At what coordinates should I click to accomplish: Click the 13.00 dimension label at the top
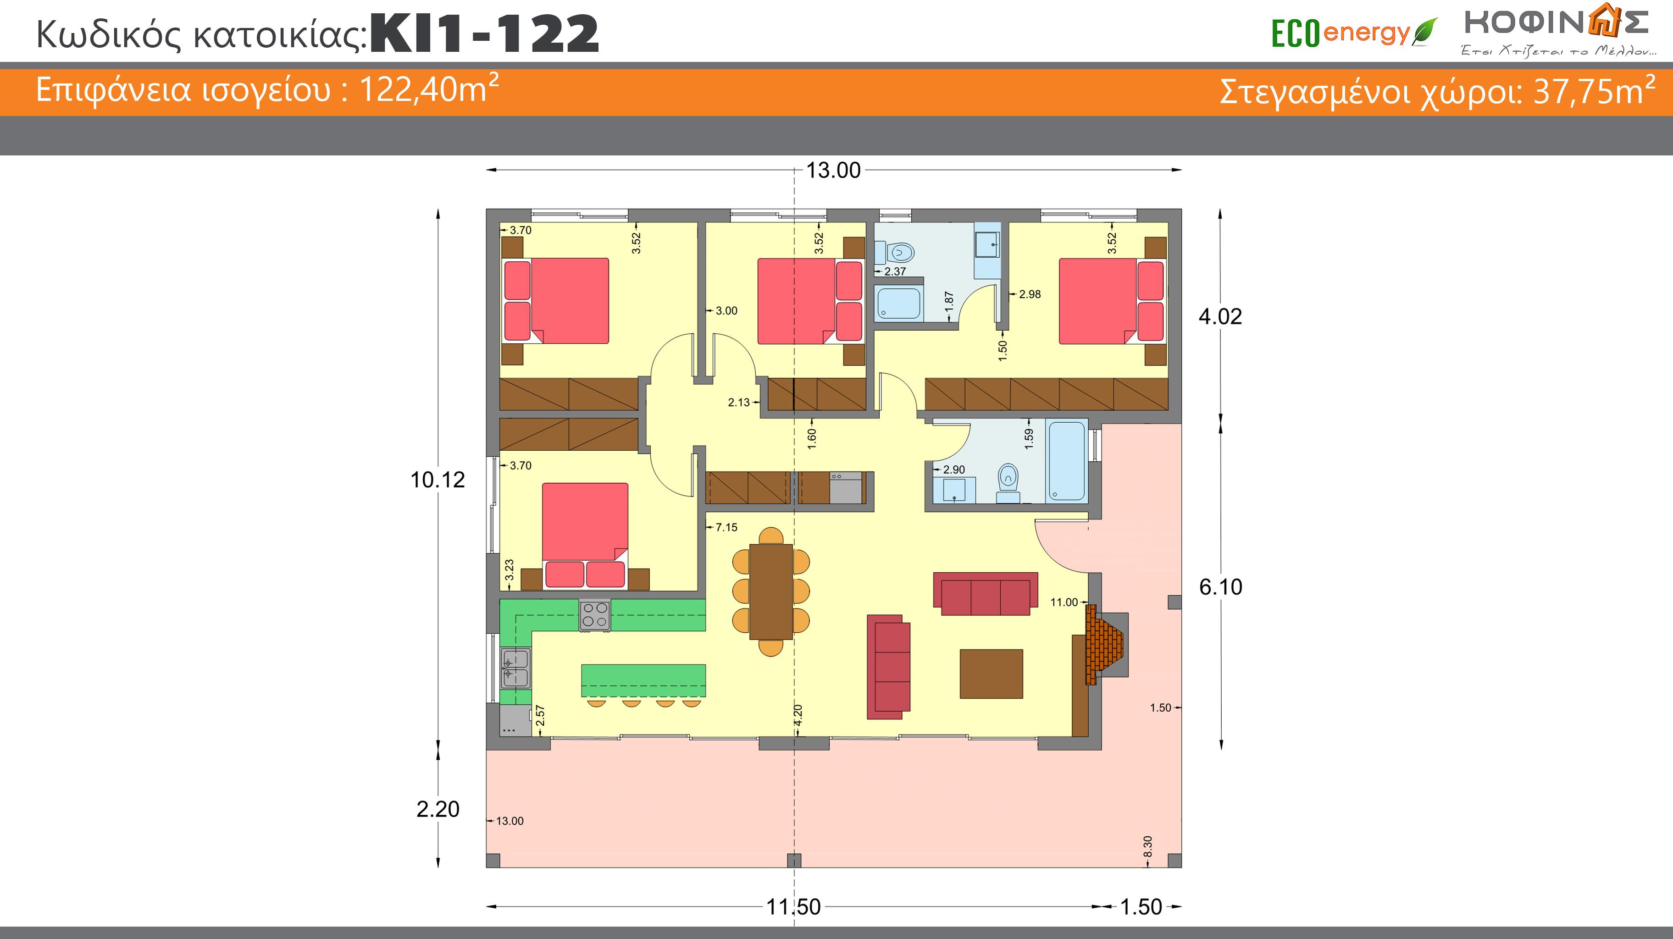pyautogui.click(x=833, y=170)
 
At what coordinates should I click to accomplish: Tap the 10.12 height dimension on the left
pyautogui.click(x=438, y=480)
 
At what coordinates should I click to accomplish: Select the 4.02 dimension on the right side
pyautogui.click(x=1220, y=316)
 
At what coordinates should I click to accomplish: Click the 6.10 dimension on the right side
pyautogui.click(x=1221, y=587)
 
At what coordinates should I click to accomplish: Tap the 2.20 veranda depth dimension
pyautogui.click(x=438, y=809)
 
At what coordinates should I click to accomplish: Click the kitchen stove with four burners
pyautogui.click(x=595, y=614)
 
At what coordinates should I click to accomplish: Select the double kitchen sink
pyautogui.click(x=515, y=668)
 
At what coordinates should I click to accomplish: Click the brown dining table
pyautogui.click(x=771, y=591)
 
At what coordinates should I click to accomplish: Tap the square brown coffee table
pyautogui.click(x=991, y=674)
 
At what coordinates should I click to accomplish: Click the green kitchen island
pyautogui.click(x=643, y=680)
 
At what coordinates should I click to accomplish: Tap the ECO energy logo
pyautogui.click(x=1354, y=33)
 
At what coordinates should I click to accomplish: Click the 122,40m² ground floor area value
pyautogui.click(x=429, y=89)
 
